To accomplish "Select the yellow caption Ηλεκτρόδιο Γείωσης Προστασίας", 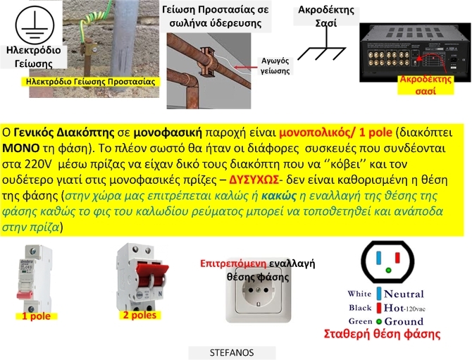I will (x=89, y=82).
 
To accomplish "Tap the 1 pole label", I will (x=36, y=316).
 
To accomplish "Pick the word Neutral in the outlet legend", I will (x=404, y=294).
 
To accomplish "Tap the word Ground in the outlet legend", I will (x=404, y=321).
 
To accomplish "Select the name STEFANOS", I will (x=232, y=352).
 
